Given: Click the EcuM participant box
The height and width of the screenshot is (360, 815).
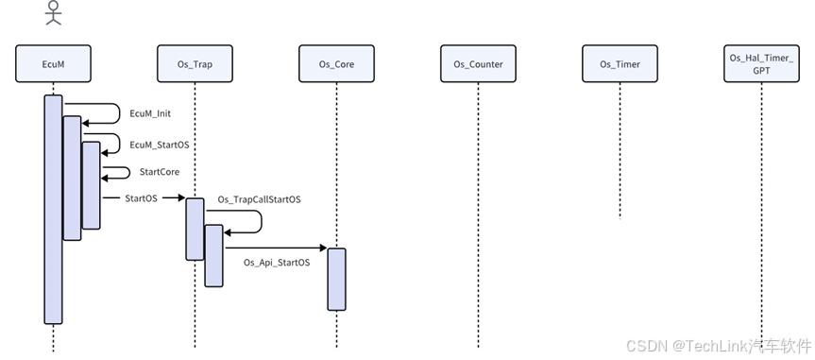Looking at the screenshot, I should click(53, 64).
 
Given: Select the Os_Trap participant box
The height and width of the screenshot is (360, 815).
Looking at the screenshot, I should click(195, 64).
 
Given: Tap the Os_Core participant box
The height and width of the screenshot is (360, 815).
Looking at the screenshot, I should click(336, 64).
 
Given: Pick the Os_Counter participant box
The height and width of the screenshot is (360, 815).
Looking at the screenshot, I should click(478, 64).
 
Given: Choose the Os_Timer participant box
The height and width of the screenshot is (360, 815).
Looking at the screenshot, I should click(620, 64).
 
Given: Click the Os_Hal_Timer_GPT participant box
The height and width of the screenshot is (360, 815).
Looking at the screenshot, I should click(761, 64).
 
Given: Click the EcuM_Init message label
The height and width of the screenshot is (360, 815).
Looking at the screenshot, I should click(149, 113).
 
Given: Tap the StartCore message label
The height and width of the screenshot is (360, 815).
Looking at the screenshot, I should click(159, 172).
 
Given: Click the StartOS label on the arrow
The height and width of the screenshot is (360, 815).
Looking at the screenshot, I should click(142, 198).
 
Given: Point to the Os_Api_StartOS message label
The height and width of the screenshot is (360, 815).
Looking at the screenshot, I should click(276, 262).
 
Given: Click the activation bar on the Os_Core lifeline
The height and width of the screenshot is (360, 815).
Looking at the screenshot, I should click(336, 279).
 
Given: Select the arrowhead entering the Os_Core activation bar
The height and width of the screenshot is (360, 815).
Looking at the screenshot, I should click(321, 248).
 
